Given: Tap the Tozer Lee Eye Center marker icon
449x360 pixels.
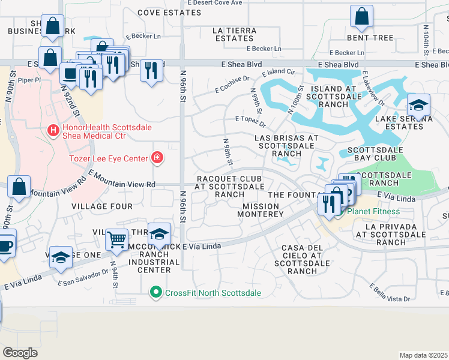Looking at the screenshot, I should click(x=157, y=158).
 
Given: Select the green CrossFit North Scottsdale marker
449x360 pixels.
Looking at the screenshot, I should click(x=156, y=293).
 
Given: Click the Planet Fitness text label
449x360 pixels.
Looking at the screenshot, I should click(x=373, y=211).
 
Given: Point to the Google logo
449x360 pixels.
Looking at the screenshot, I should click(x=20, y=352).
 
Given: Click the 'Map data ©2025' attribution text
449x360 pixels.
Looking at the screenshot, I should click(x=424, y=355).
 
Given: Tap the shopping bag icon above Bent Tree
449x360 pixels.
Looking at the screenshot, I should click(x=362, y=17).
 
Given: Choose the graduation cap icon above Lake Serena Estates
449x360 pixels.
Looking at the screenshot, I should click(x=418, y=106).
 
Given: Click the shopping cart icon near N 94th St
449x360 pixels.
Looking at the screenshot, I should click(x=116, y=239).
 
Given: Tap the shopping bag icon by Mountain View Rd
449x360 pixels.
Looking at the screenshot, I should click(x=20, y=186).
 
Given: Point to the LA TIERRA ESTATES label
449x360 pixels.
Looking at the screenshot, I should click(x=235, y=34).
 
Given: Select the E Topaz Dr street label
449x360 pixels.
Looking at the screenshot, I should click(x=250, y=122).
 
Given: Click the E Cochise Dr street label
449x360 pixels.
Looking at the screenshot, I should click(x=232, y=85).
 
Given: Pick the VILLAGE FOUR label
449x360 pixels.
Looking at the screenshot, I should click(x=101, y=206).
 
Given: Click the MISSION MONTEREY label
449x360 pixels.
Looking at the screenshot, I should click(x=263, y=210).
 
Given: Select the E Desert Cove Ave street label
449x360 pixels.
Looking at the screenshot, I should click(x=214, y=3).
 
